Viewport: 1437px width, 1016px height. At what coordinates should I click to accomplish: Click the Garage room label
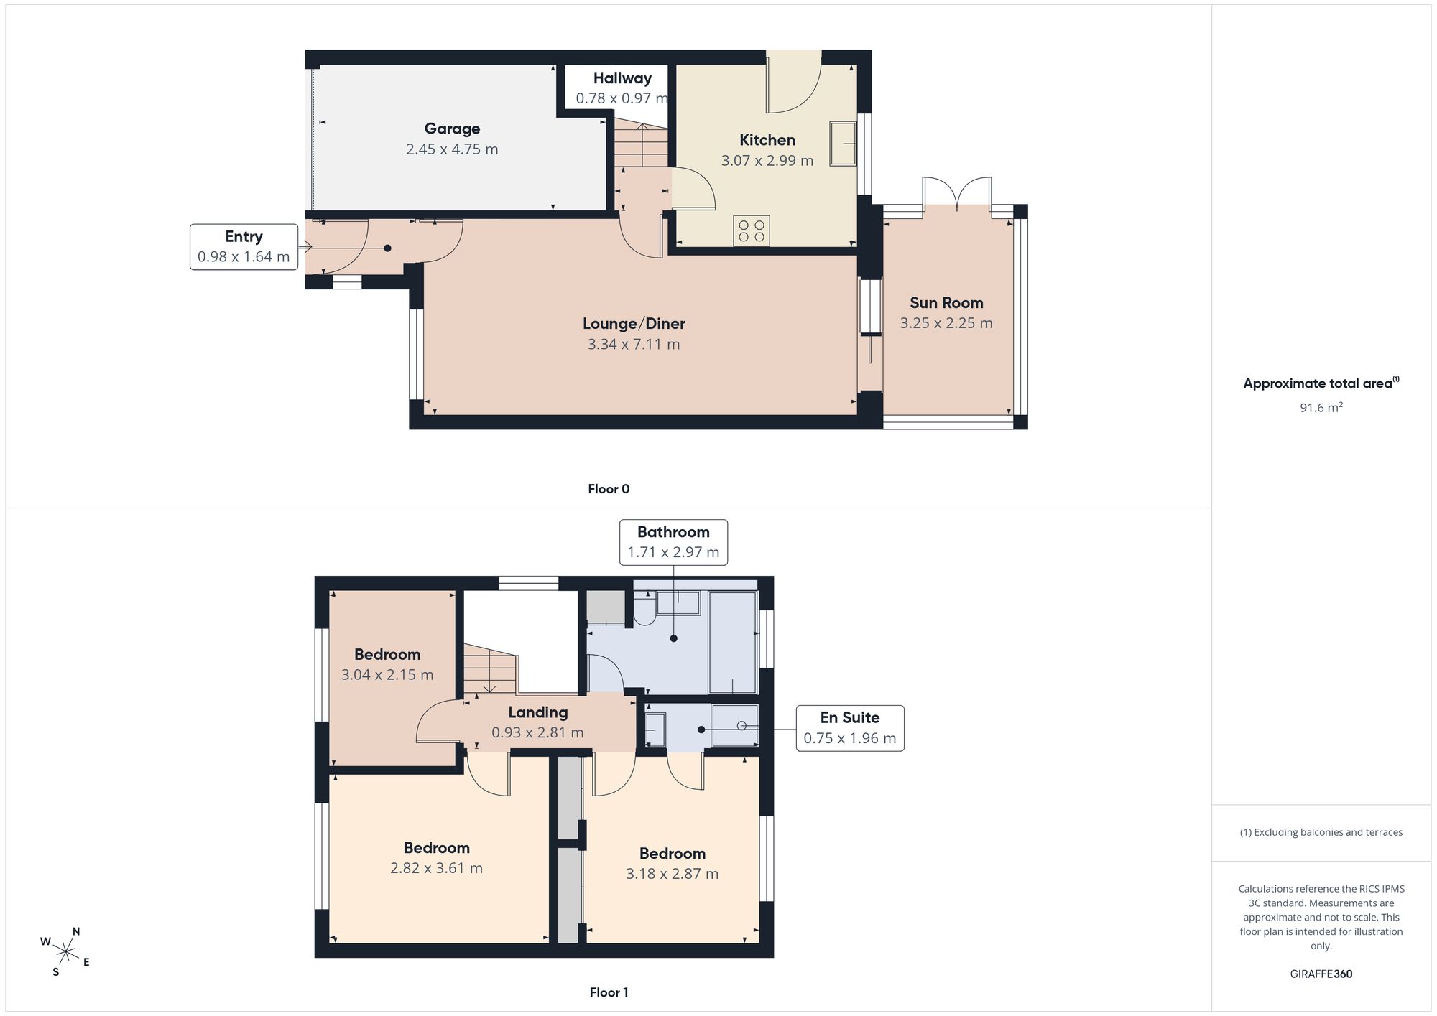coord(452,129)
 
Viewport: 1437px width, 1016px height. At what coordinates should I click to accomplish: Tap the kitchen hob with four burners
coord(752,230)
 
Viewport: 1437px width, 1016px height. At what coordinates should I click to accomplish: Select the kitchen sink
coord(843,144)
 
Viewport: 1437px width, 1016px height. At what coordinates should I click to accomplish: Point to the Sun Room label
coord(946,303)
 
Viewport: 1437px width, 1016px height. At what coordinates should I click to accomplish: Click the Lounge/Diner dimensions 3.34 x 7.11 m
coord(634,344)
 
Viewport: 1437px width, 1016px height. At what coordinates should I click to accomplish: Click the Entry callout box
coord(244,247)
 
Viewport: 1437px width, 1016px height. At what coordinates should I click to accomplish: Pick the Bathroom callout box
coord(673,542)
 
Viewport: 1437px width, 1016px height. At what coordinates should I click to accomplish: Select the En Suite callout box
coord(850,728)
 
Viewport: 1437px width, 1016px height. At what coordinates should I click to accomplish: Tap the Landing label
coord(538,712)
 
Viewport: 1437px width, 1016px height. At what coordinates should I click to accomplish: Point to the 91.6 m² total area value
coord(1321,407)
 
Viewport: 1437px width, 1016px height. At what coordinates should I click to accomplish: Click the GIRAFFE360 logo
coord(1321,974)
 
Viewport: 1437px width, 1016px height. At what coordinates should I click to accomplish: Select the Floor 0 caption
coord(609,489)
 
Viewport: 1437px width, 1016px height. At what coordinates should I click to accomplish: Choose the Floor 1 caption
coord(609,992)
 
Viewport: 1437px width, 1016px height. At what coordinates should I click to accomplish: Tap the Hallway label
coord(622,78)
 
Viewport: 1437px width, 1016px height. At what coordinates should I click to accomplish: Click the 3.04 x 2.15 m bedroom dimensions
coord(387,675)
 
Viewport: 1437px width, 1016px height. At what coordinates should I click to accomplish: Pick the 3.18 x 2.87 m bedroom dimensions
coord(673,874)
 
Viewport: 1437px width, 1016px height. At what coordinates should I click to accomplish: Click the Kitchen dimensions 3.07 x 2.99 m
coord(767,161)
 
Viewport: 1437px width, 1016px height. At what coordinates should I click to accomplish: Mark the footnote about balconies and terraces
coord(1321,832)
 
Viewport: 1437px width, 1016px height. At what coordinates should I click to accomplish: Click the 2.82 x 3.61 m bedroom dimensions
coord(437,868)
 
